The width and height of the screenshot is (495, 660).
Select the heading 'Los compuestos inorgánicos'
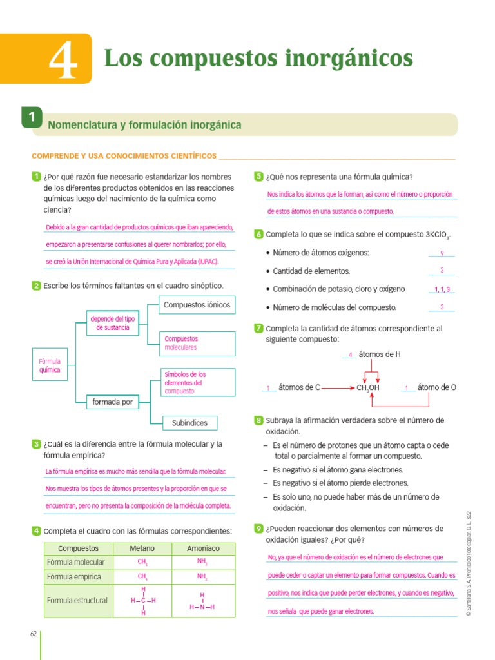(258, 59)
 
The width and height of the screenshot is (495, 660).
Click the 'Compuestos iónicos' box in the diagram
(197, 305)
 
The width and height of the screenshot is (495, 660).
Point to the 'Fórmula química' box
(50, 365)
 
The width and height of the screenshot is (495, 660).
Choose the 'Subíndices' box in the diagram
(189, 423)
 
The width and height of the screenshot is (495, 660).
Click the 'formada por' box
(113, 402)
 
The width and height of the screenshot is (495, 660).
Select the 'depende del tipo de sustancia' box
(113, 324)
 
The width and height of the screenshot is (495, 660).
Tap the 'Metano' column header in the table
(142, 548)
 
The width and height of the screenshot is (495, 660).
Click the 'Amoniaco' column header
(203, 548)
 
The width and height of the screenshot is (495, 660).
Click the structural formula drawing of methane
(143, 601)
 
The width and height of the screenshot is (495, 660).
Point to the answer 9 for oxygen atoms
(442, 253)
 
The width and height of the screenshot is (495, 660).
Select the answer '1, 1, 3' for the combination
(442, 289)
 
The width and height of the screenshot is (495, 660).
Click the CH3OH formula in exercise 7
(368, 388)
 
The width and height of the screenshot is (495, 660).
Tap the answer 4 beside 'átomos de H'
(350, 355)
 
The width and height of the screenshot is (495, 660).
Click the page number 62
(34, 634)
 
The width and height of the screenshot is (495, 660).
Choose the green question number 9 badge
(258, 529)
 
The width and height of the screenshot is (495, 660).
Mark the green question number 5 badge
(258, 177)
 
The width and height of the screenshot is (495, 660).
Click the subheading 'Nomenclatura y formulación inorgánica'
(144, 125)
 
